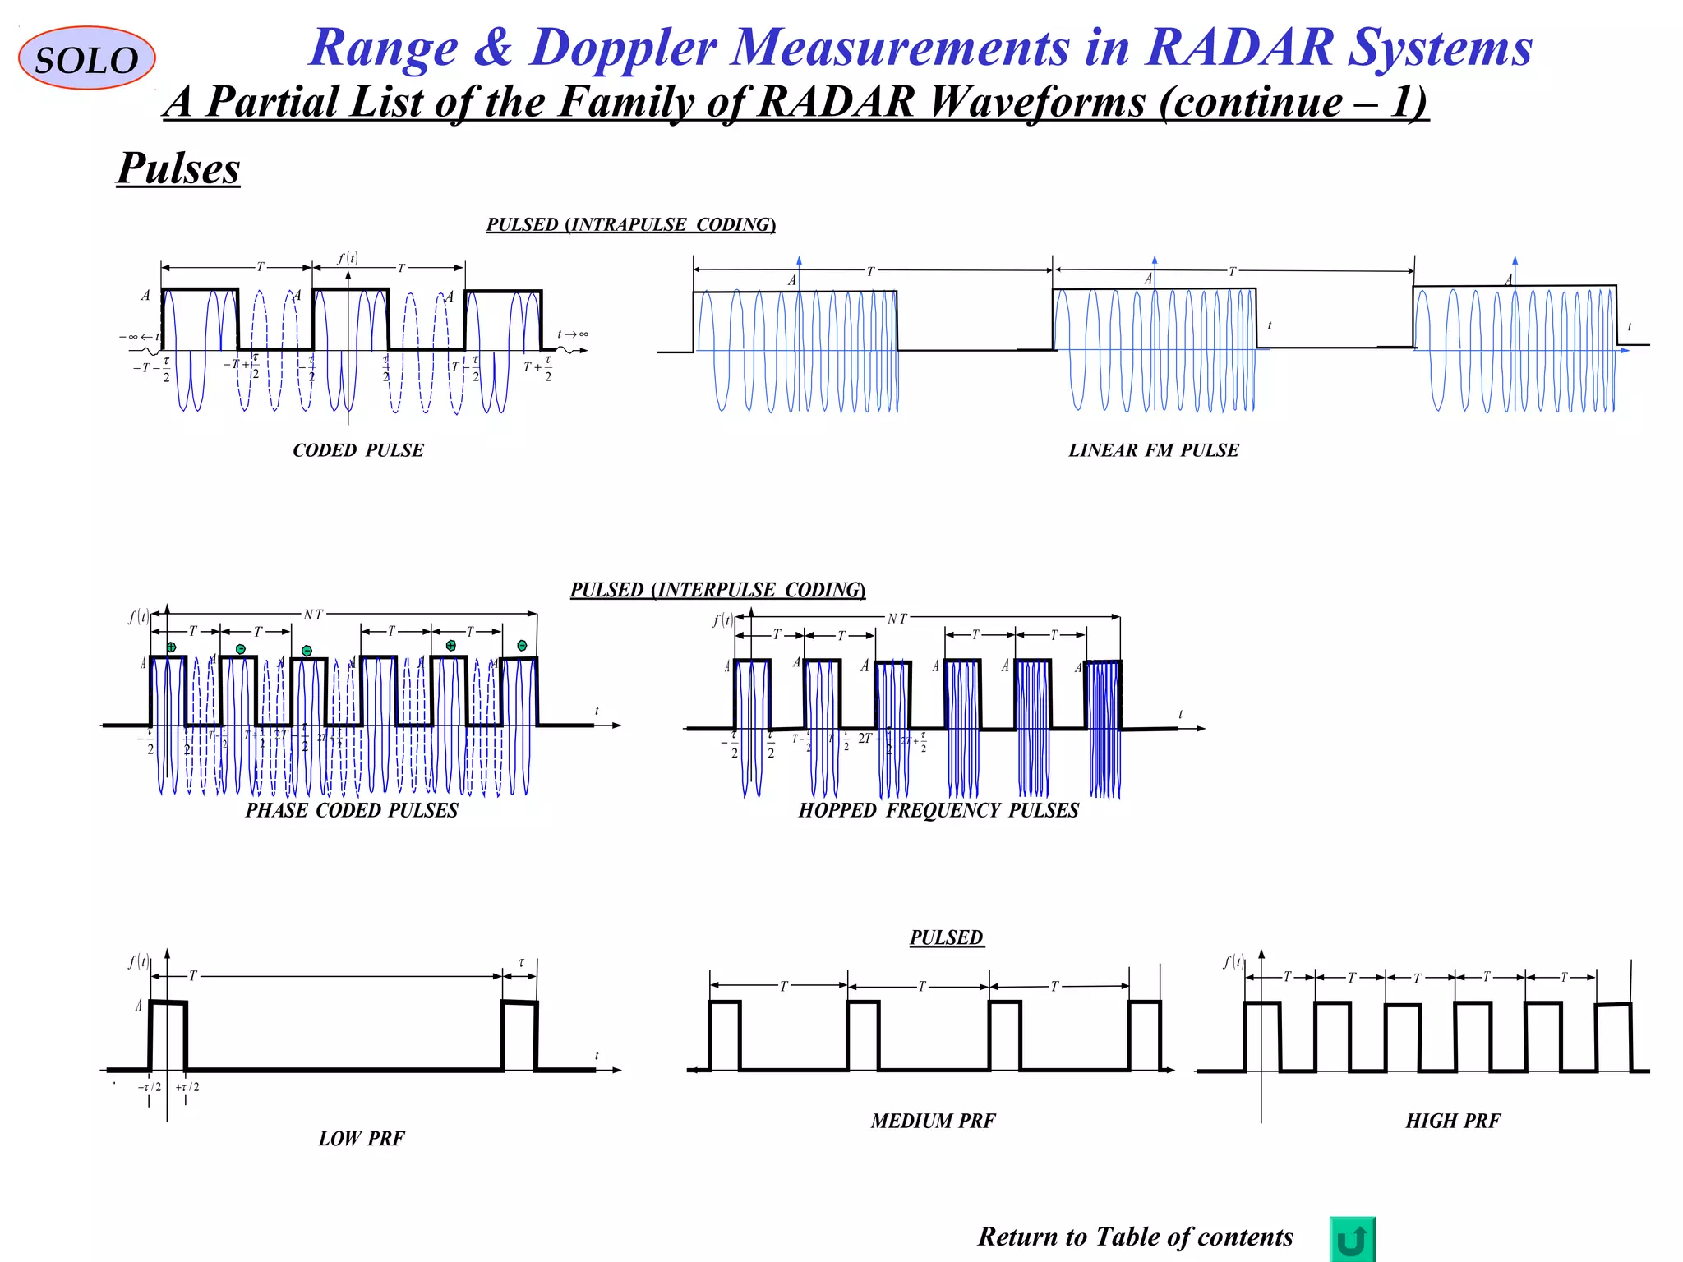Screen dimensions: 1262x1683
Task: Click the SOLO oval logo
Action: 86,58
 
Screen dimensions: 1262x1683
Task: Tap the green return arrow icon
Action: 1352,1239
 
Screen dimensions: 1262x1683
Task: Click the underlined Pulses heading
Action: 178,168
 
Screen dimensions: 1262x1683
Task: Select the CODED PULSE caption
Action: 358,450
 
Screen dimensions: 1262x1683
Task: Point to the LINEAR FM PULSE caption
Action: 1153,450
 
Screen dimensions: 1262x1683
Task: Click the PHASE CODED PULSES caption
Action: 352,810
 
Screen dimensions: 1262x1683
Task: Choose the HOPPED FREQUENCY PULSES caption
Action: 938,810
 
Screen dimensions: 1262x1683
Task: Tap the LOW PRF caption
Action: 362,1139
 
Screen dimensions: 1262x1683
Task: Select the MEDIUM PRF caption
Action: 933,1121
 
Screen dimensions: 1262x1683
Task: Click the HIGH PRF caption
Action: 1453,1121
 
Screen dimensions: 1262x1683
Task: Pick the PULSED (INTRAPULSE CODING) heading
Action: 630,224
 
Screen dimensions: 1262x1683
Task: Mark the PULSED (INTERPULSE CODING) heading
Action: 717,590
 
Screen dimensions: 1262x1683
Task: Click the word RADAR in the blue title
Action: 1239,47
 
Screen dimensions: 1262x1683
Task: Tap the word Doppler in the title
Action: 623,47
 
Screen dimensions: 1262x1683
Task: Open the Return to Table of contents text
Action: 1135,1237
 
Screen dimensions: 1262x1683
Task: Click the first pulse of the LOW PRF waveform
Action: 168,1035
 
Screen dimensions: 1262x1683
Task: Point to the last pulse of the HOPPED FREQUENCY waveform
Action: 1103,723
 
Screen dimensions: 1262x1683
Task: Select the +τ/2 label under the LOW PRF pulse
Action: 187,1087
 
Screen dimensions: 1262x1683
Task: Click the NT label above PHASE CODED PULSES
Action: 313,615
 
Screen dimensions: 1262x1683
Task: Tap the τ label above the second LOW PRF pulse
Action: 521,962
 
